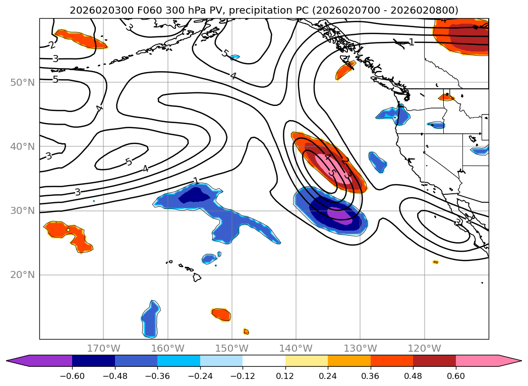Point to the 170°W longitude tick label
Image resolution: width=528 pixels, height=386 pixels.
(103, 348)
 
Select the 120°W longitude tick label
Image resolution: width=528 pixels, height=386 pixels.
(424, 348)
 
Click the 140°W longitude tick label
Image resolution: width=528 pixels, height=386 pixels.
(296, 348)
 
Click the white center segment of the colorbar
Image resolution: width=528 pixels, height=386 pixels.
(264, 361)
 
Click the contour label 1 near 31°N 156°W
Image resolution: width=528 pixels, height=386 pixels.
(196, 181)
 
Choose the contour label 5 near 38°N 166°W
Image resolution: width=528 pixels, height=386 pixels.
(129, 162)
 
